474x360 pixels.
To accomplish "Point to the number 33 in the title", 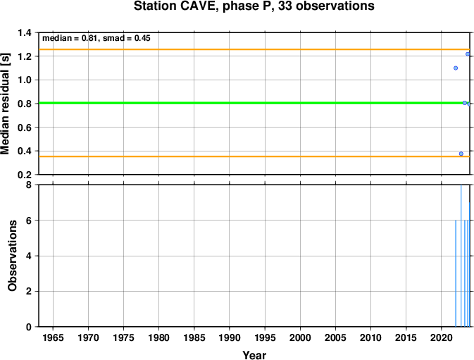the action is click(x=285, y=6).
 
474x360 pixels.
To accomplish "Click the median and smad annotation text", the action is click(x=96, y=38).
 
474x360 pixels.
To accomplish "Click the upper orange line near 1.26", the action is click(x=254, y=49).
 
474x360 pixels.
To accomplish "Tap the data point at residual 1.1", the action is click(x=456, y=68).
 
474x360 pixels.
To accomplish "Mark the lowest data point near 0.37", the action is click(x=461, y=154).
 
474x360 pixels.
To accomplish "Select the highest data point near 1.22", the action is click(x=468, y=54).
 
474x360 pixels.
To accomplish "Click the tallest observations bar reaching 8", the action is click(x=461, y=256).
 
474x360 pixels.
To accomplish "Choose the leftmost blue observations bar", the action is click(x=456, y=273).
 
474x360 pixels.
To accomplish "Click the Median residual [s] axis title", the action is click(x=5, y=104).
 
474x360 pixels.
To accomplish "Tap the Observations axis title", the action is click(x=12, y=256).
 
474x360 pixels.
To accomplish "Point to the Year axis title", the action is click(x=254, y=355).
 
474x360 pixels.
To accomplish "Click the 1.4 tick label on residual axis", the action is click(x=25, y=32).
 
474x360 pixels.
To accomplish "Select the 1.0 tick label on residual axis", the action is click(x=25, y=80).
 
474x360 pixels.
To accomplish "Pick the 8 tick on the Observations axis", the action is click(x=29, y=185).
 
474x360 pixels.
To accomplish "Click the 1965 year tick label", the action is click(x=54, y=337).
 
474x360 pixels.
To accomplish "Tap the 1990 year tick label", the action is click(x=230, y=337).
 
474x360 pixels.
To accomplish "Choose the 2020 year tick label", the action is click(x=441, y=337).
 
